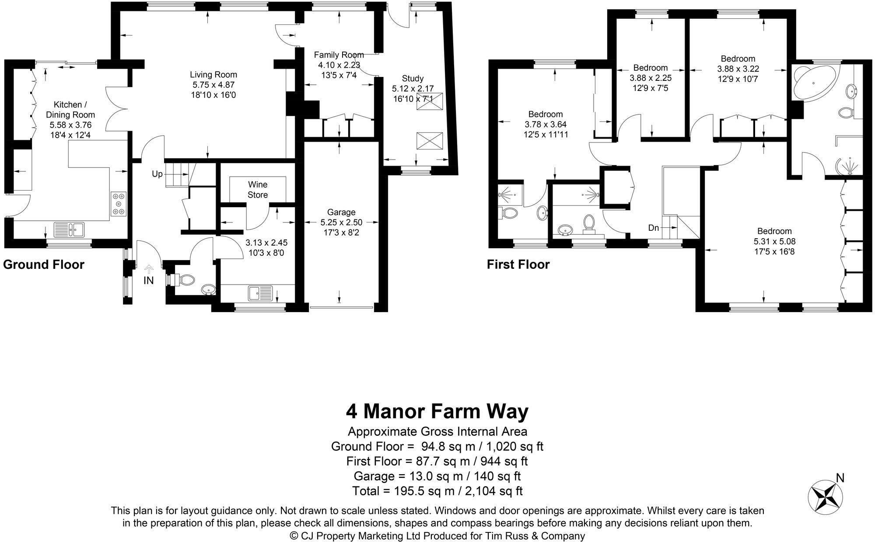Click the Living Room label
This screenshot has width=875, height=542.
click(213, 75)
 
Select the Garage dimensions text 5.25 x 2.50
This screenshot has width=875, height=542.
click(341, 222)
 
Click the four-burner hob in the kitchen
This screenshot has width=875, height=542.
click(119, 203)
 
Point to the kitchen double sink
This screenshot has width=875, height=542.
click(69, 229)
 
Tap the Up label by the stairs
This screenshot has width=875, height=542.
click(157, 174)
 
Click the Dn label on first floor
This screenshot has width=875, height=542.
click(654, 228)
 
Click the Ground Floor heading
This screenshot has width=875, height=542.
click(44, 264)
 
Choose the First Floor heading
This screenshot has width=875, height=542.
click(518, 264)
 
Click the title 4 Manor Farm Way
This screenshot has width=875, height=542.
click(437, 411)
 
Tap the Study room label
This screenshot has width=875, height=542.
click(413, 78)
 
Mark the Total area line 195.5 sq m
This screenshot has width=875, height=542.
click(437, 491)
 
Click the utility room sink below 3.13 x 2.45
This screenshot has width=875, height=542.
click(260, 293)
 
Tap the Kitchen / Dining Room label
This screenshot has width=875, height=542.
click(70, 110)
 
